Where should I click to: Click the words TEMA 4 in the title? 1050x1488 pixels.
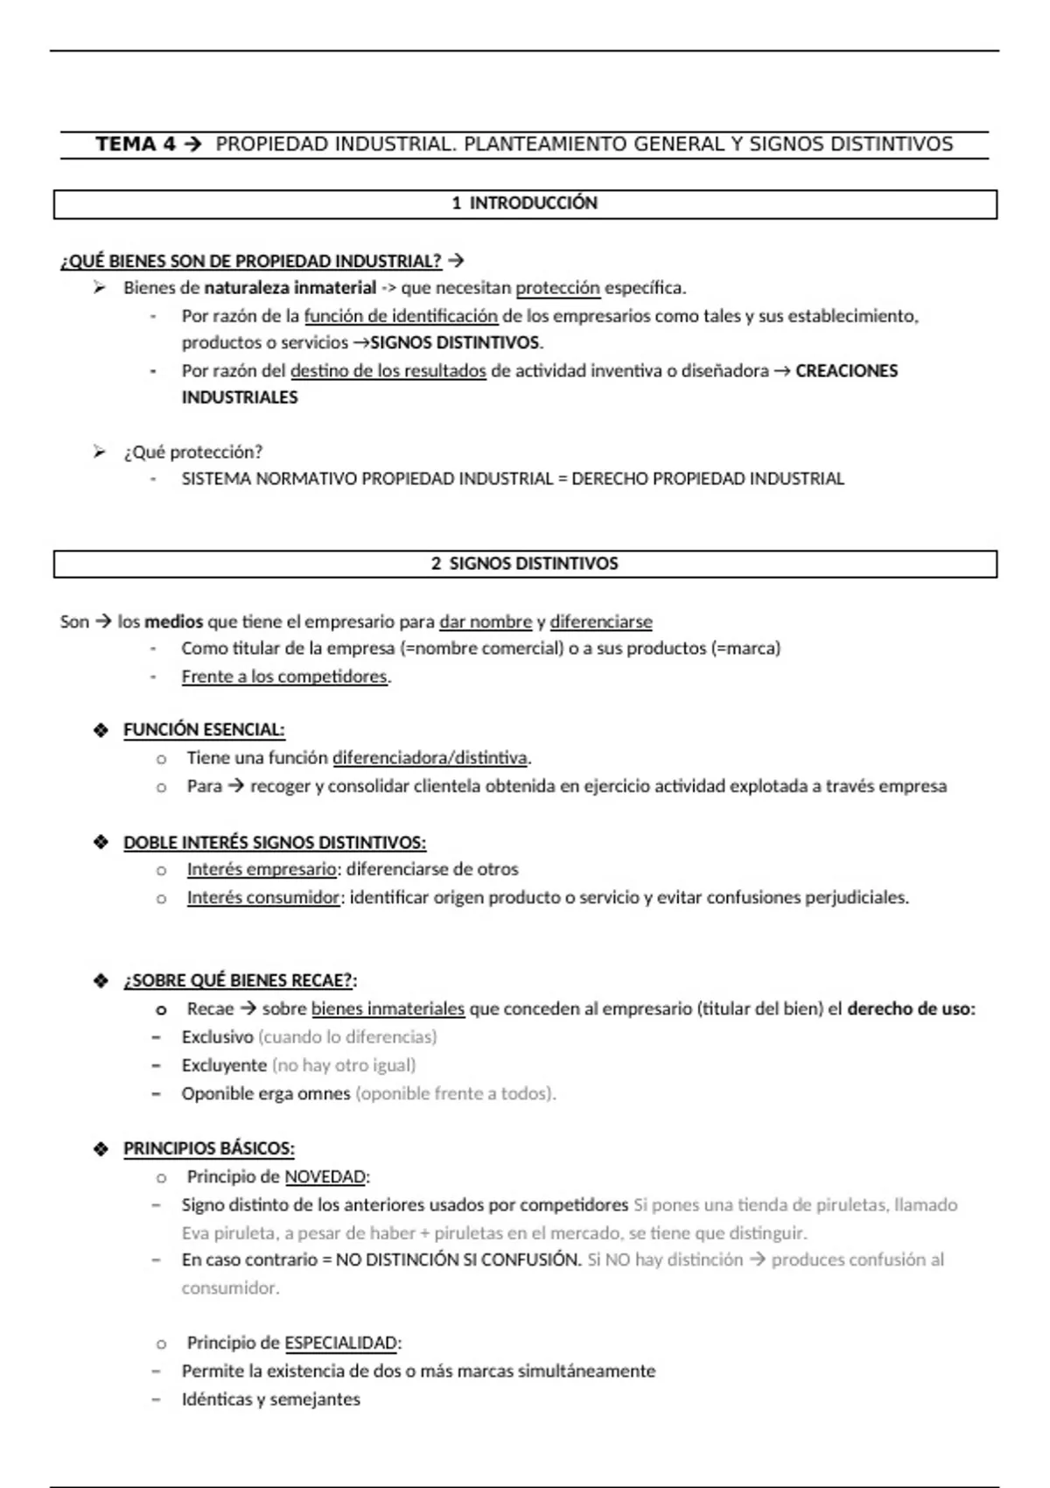pos(136,144)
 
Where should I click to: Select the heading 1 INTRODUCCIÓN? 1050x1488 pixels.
pos(524,203)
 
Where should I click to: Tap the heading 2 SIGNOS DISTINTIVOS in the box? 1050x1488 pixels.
pos(524,564)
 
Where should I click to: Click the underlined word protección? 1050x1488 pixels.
pos(557,288)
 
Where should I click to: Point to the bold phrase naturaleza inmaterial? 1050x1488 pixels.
pos(290,288)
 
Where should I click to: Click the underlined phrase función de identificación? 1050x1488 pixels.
pos(401,316)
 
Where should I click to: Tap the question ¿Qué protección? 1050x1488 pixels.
pos(192,453)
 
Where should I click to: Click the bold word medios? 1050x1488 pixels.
pos(173,622)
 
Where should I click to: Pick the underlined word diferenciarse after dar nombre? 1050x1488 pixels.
pos(600,622)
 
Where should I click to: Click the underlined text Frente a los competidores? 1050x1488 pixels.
pos(284,677)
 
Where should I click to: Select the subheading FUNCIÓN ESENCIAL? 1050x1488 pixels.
pos(204,730)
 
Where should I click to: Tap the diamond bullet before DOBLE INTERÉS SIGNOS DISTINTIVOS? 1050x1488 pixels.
pos(101,842)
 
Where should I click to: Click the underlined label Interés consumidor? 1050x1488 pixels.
pos(262,898)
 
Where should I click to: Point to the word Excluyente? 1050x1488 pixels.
pos(224,1066)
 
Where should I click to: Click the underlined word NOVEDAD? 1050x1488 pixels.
pos(325,1177)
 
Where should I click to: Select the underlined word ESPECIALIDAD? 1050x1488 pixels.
pos(340,1344)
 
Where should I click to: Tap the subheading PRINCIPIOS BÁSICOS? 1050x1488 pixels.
pos(208,1148)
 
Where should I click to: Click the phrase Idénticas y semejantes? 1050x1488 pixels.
pos(270,1400)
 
